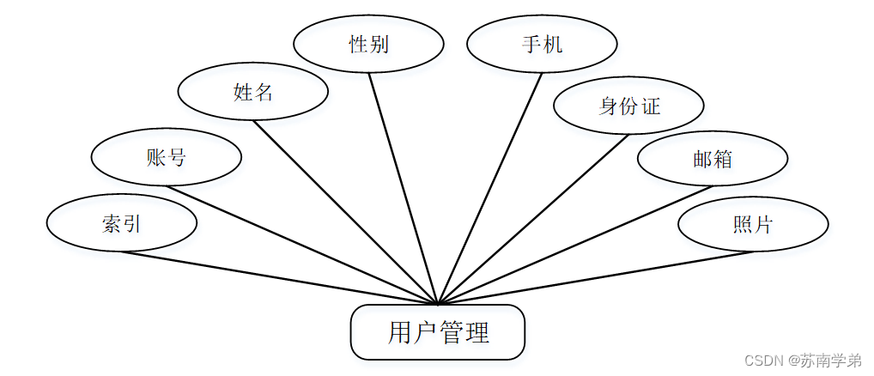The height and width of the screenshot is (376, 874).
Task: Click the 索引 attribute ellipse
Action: (121, 223)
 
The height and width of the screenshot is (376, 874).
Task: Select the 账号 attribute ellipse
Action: (166, 157)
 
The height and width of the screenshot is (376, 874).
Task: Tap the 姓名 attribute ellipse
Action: (252, 92)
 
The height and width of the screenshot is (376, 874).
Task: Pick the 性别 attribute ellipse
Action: (368, 44)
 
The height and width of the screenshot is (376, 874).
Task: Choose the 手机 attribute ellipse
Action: (542, 44)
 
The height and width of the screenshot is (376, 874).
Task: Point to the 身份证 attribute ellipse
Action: (628, 106)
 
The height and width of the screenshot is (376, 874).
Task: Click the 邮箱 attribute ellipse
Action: (712, 158)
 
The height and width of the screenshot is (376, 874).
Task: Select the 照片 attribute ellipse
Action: (753, 224)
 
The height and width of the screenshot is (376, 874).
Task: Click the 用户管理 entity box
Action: (437, 332)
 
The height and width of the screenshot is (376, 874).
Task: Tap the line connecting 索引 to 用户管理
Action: (279, 277)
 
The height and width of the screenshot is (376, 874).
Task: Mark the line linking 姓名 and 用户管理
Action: (345, 212)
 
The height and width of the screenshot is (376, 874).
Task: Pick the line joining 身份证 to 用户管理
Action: (532, 219)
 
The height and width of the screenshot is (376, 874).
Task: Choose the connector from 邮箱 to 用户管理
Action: (575, 245)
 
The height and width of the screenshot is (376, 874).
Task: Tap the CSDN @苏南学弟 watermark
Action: (805, 361)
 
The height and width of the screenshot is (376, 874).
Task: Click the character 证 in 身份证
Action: (650, 106)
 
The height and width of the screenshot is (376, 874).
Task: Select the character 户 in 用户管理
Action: (425, 332)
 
